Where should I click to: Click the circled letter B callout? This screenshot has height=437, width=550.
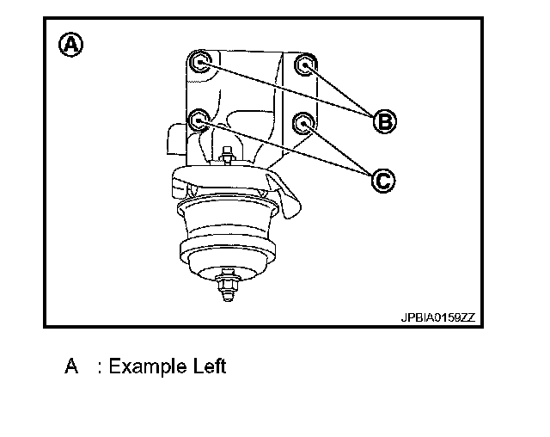384,121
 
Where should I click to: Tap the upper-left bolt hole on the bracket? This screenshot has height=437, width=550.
200,61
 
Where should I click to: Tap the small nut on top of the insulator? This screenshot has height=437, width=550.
229,157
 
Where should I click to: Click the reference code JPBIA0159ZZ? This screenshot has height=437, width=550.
437,317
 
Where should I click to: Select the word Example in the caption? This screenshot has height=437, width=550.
145,366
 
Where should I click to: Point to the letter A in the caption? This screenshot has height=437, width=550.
72,366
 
